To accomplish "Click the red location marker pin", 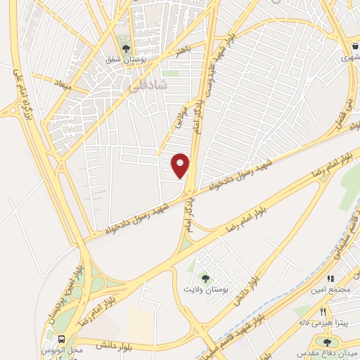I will [x=181, y=165].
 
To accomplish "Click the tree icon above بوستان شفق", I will [x=126, y=49].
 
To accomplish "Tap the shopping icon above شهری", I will [x=356, y=47].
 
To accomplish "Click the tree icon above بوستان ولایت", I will [x=206, y=278].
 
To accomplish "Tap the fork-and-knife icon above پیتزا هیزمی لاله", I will [x=323, y=311].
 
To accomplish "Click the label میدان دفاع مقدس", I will [x=328, y=352].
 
